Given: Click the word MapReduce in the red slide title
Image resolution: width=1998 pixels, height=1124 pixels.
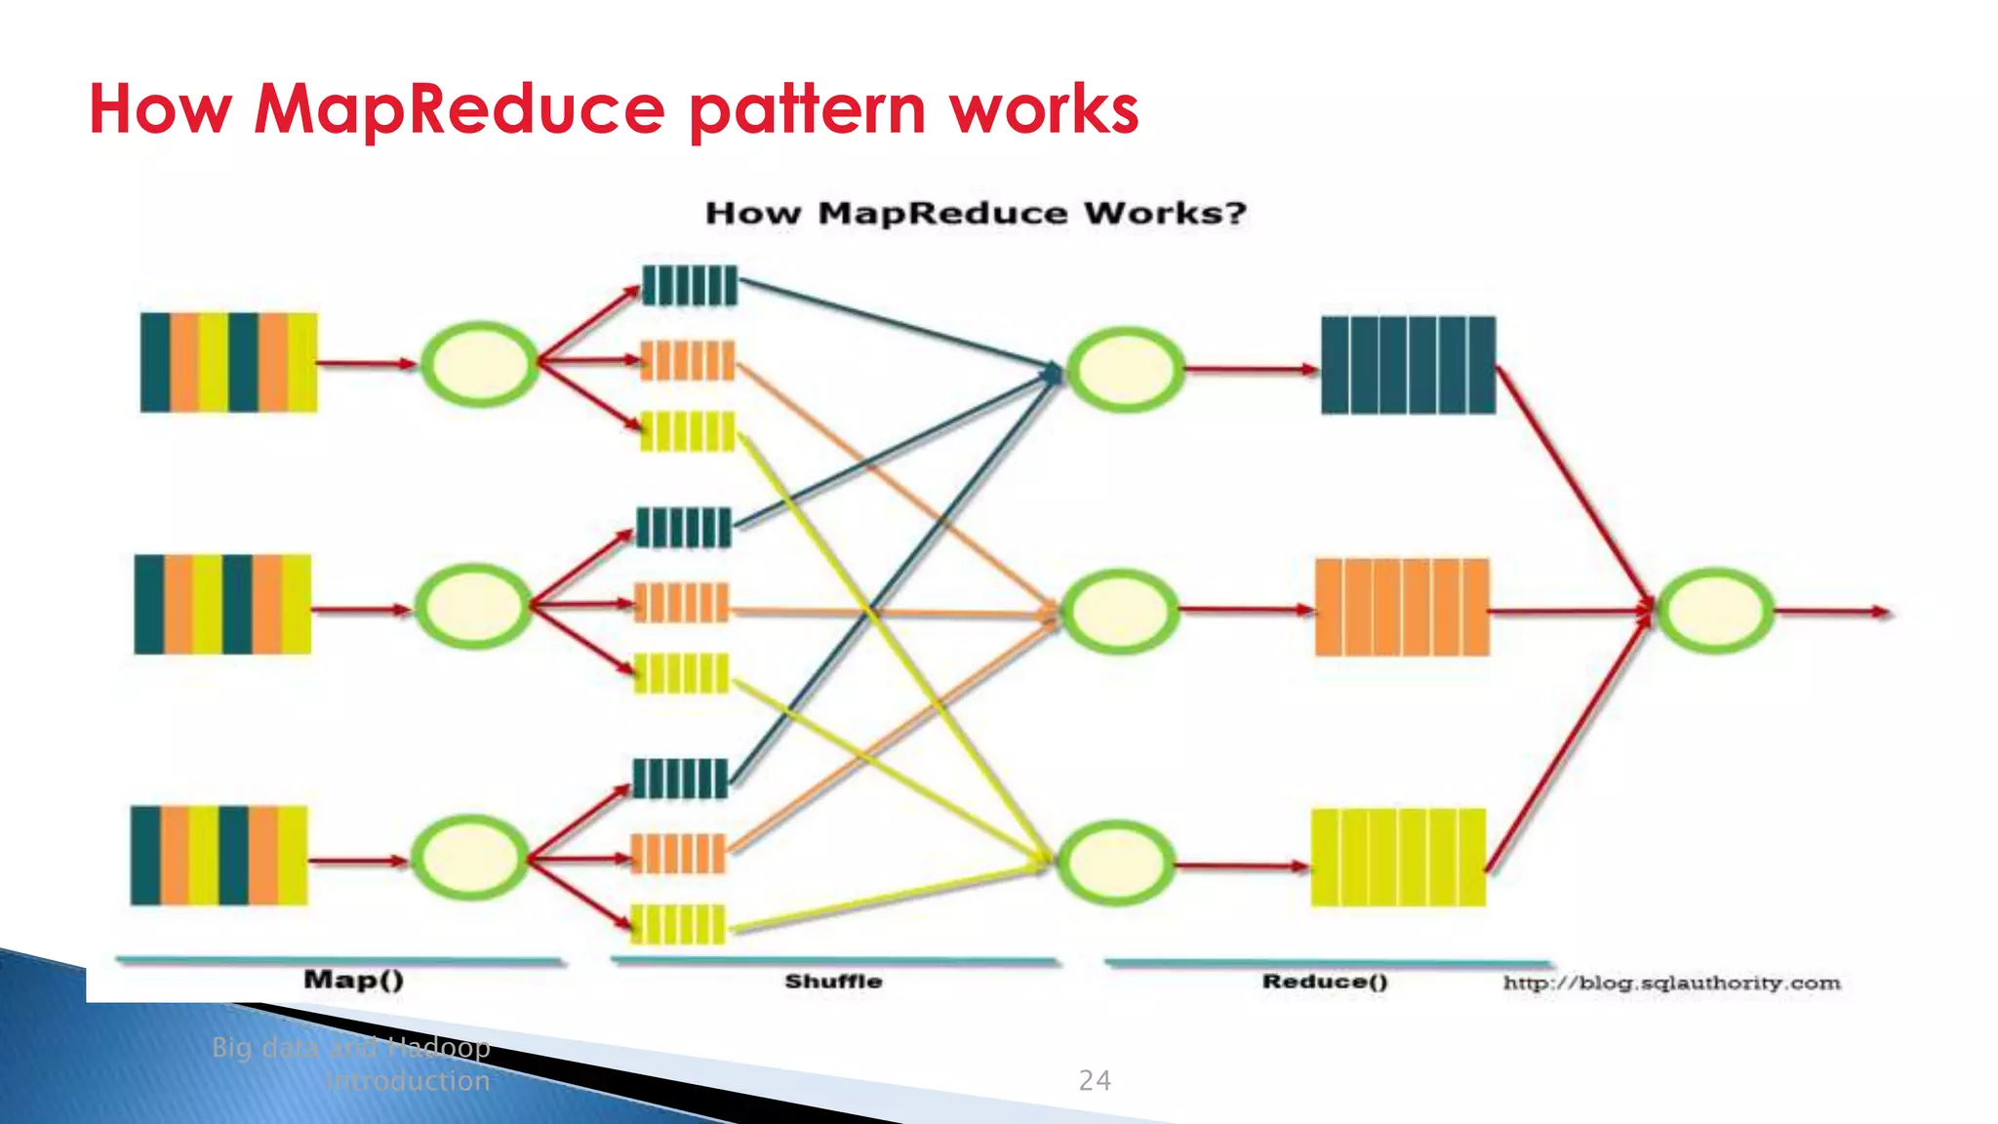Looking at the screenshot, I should pyautogui.click(x=459, y=109).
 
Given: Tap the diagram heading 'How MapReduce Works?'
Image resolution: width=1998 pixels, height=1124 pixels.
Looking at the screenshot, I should pyautogui.click(x=976, y=213).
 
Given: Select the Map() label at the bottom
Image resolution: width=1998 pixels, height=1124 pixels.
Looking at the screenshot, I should pyautogui.click(x=353, y=980).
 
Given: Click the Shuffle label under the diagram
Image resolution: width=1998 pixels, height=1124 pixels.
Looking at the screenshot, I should pyautogui.click(x=833, y=982).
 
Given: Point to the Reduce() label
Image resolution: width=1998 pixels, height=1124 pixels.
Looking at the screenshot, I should pyautogui.click(x=1325, y=982).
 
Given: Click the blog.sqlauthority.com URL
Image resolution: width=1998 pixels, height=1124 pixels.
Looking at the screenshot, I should pyautogui.click(x=1671, y=983).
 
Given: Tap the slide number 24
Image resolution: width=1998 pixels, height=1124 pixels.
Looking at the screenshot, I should pyautogui.click(x=1094, y=1080).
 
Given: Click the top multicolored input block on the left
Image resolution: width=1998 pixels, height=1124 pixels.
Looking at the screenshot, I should pyautogui.click(x=228, y=362).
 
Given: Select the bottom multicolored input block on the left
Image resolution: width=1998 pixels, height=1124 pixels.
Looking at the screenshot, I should pyautogui.click(x=219, y=855).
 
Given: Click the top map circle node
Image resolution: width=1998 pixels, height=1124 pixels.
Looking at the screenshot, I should pyautogui.click(x=479, y=364).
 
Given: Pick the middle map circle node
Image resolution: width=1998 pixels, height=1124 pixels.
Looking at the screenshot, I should pyautogui.click(x=473, y=606).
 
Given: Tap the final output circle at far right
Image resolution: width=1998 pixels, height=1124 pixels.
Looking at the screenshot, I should pyautogui.click(x=1715, y=611).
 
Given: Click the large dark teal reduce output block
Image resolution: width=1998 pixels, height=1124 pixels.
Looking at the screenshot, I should pyautogui.click(x=1408, y=365).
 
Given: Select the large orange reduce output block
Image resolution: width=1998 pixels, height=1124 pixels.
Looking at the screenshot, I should pyautogui.click(x=1402, y=607).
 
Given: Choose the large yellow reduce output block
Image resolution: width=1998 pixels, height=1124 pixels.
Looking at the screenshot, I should pyautogui.click(x=1398, y=857).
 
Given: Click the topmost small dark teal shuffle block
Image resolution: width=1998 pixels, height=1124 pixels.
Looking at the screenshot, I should pyautogui.click(x=689, y=286).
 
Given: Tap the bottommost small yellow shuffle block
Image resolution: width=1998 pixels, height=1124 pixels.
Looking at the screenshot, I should pyautogui.click(x=678, y=924).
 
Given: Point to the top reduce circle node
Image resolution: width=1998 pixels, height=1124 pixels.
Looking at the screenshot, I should pyautogui.click(x=1125, y=370).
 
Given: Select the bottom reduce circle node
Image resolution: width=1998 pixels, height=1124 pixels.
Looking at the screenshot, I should pyautogui.click(x=1116, y=863).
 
